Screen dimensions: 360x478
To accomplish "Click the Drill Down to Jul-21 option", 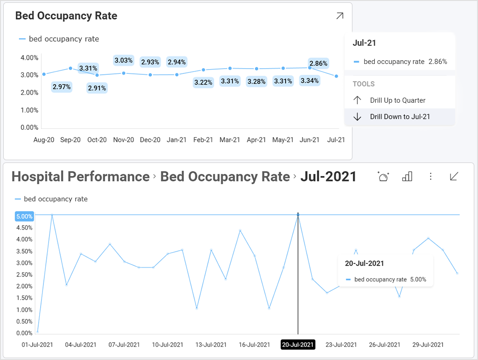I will point(400,117).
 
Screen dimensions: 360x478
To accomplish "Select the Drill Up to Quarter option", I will point(397,100).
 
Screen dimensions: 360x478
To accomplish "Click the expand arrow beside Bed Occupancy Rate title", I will point(340,16).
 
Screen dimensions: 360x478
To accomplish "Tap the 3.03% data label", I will point(124,60).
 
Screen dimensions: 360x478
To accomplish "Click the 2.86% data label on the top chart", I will point(318,63).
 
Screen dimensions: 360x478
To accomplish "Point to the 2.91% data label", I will point(97,88).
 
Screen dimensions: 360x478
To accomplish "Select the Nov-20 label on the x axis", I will point(124,140).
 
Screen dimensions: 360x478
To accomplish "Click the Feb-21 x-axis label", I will point(203,140).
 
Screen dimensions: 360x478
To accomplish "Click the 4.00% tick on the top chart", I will point(29,58).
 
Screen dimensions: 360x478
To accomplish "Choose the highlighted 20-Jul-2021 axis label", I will point(298,345).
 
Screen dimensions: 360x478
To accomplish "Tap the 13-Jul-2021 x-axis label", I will point(211,345).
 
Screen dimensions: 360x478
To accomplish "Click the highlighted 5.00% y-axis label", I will point(24,216).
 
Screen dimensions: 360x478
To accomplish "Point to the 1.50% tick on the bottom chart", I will point(24,298).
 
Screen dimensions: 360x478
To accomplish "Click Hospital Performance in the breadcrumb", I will point(80,176).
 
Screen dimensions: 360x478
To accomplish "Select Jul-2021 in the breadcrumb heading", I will point(328,176).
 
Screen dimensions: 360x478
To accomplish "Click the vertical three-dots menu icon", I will point(430,176).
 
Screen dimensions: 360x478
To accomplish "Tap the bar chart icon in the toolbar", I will point(407,176).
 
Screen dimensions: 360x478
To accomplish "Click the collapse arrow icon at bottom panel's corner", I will point(454,176).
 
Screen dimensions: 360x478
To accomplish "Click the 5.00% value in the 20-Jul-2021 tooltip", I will point(418,280).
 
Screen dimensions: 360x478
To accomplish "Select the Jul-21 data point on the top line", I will point(336,76).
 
